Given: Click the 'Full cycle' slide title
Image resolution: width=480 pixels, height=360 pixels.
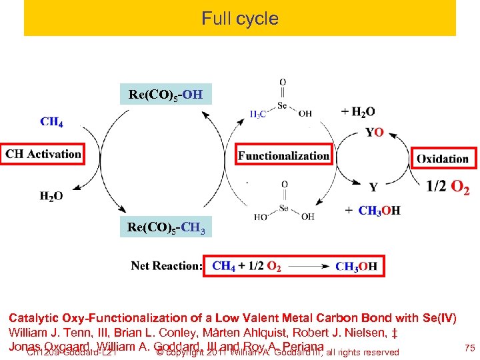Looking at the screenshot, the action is tap(240, 19).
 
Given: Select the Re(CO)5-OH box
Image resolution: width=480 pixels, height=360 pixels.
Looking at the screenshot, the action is tap(165, 94).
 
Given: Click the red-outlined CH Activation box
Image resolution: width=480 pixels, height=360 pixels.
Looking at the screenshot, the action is tap(43, 154).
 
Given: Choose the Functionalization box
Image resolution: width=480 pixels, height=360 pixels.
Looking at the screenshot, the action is tap(284, 156).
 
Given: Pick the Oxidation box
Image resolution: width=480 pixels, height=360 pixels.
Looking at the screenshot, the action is tap(443, 158).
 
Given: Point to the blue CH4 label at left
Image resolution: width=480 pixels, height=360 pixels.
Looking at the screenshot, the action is tap(51, 121).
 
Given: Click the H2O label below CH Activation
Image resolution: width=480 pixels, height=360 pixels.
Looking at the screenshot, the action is tap(51, 196).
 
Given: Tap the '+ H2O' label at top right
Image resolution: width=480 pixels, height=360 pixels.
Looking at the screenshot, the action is tap(357, 111).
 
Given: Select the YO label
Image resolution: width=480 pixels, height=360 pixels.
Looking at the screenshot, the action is tap(374, 132).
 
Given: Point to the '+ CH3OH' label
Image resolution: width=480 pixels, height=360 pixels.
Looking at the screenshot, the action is tap(372, 211).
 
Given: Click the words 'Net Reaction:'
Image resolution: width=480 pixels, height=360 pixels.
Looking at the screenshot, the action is tap(167, 265).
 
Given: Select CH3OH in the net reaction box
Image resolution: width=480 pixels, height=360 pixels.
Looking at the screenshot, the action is tap(356, 267).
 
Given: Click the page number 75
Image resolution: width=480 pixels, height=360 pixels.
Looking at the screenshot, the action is tap(468, 347).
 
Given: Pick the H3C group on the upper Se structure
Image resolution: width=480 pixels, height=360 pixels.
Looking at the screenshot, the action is tap(258, 114).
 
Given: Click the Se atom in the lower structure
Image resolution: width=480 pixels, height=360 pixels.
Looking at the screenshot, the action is tap(284, 208).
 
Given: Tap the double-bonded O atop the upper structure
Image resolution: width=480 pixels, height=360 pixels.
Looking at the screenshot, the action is tap(283, 83).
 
